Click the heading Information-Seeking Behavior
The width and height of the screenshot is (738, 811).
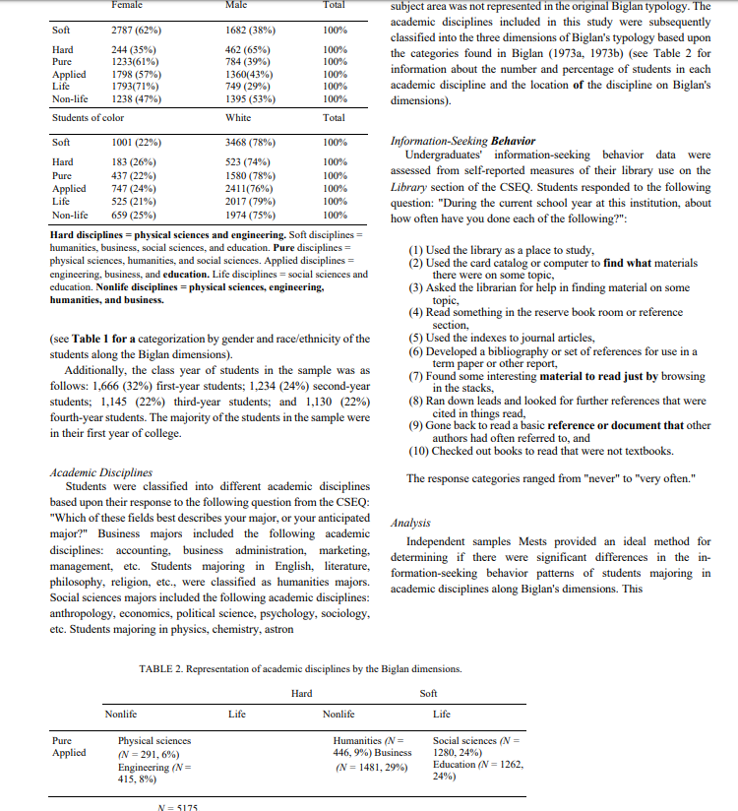(x=456, y=141)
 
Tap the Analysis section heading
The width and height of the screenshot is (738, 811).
(x=413, y=525)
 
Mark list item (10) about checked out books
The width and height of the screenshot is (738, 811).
(x=540, y=452)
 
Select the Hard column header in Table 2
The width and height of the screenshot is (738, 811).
(x=302, y=694)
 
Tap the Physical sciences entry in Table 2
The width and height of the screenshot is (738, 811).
(x=154, y=740)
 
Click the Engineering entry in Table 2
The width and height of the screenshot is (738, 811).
(x=154, y=768)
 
